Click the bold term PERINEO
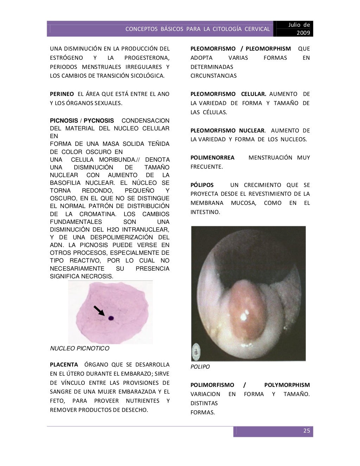tap(62, 94)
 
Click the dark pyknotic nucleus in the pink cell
tap(111, 318)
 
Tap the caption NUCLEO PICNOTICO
tap(80, 349)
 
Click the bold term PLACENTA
tap(64, 364)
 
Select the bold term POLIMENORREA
tap(212, 157)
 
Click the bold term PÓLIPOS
tap(202, 185)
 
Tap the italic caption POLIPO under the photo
tap(200, 367)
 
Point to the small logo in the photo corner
tap(195, 351)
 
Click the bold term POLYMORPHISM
tap(287, 385)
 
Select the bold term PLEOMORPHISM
tap(268, 48)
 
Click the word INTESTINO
tap(205, 212)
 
